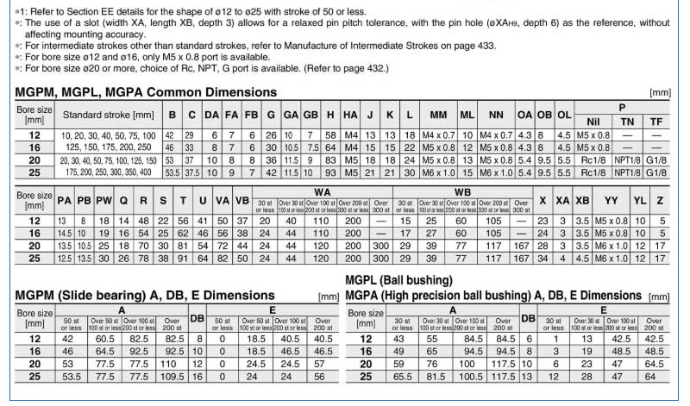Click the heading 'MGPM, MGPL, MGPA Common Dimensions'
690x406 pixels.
pos(146,91)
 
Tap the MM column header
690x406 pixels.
pos(438,115)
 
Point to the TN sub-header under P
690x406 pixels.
pos(627,122)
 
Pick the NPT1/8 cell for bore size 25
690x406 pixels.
pos(627,172)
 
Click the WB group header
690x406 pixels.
pos(462,191)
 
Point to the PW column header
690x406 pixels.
pos(103,201)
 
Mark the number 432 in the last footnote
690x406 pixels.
pos(373,67)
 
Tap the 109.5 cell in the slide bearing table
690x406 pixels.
pos(171,377)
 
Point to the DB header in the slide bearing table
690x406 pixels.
pos(197,318)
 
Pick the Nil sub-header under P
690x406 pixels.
pos(593,122)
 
